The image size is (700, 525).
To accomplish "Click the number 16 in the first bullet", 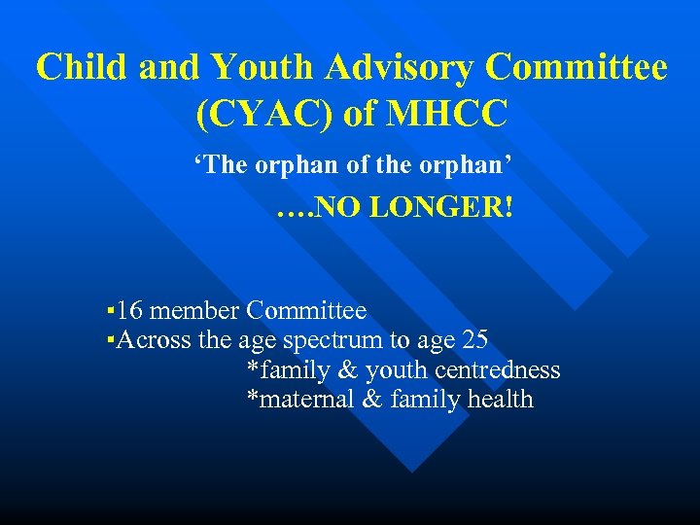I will tap(131, 311).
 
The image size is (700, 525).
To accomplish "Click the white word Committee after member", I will tap(306, 311).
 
